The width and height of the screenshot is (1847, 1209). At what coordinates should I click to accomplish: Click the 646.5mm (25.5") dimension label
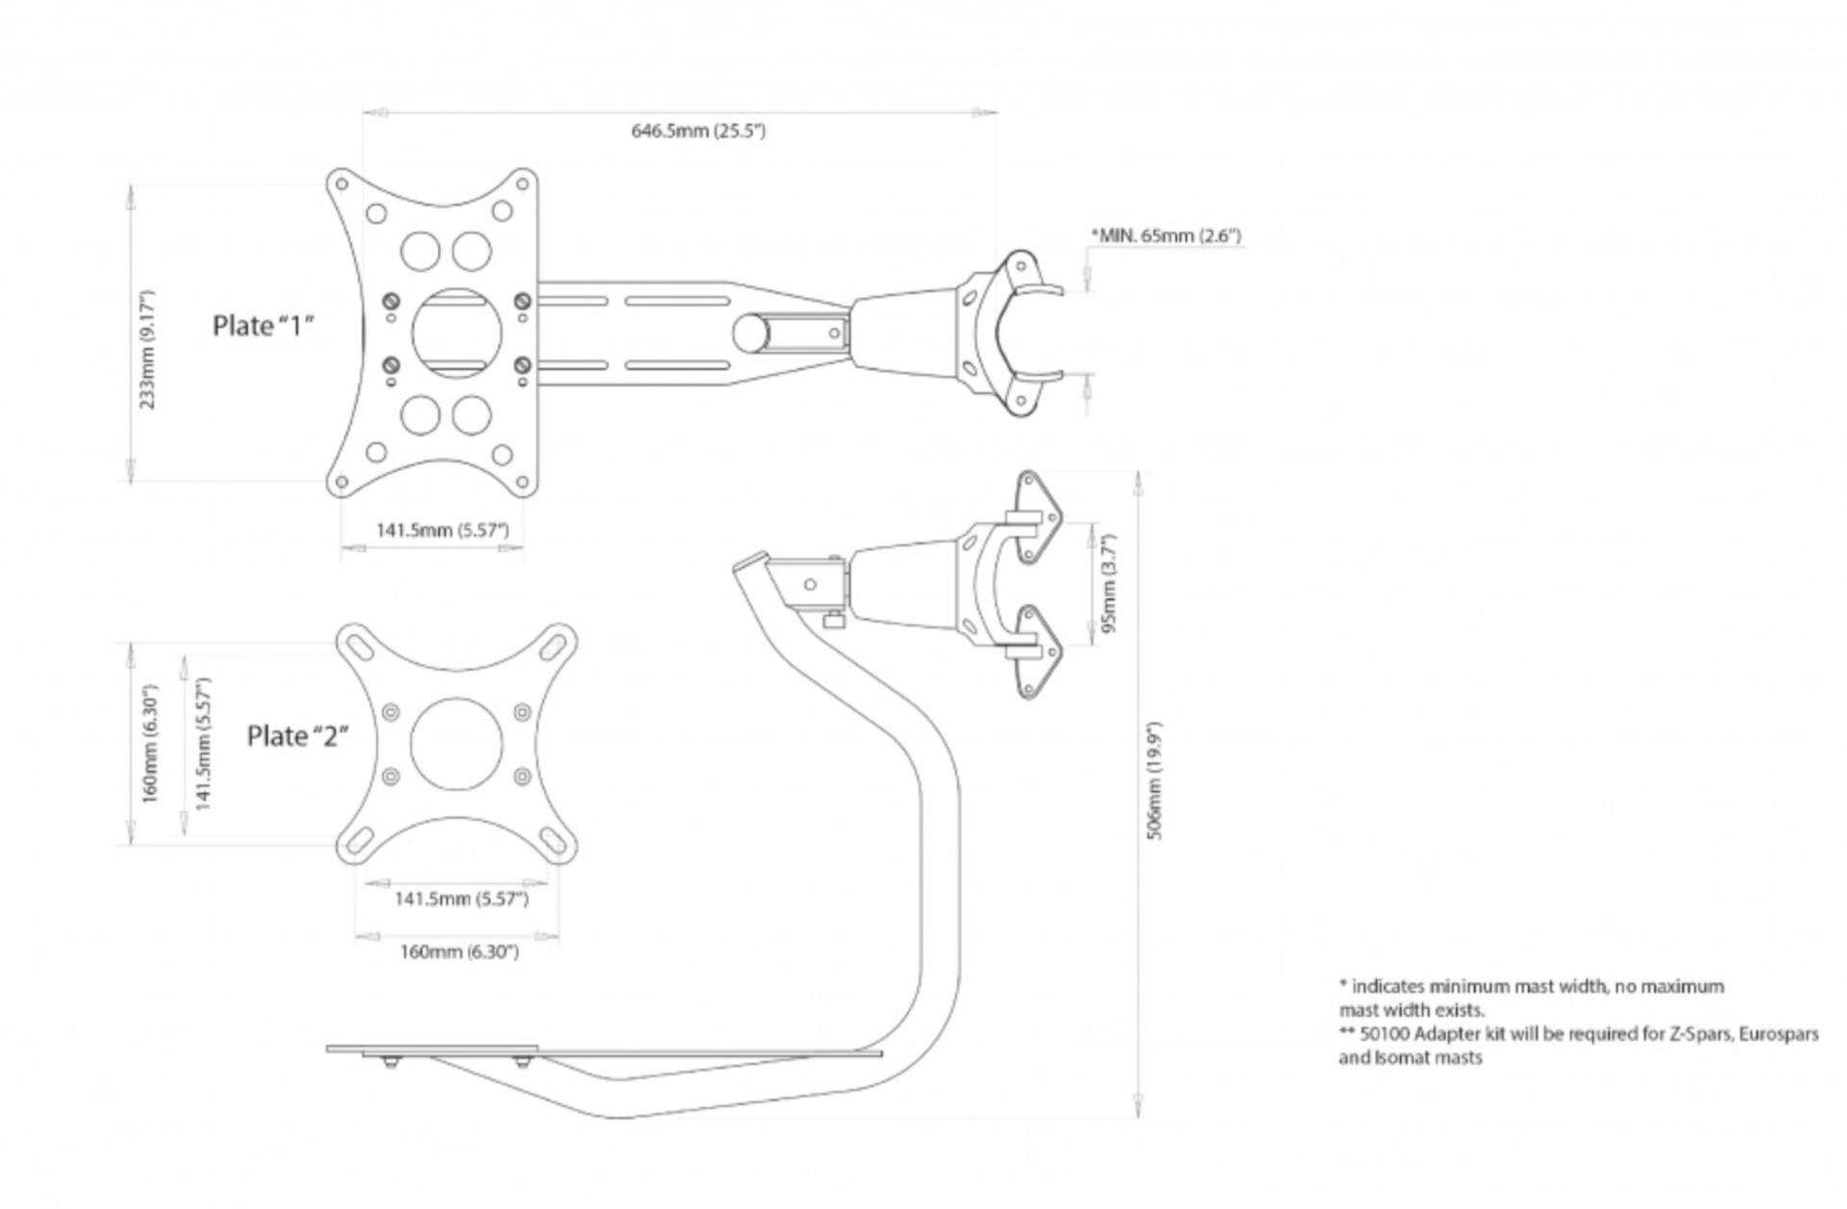tap(697, 131)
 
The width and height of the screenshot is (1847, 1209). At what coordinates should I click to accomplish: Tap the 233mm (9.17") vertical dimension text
tap(147, 348)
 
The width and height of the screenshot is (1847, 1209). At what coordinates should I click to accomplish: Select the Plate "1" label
tap(264, 326)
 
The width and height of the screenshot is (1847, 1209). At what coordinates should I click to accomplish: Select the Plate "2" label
tap(297, 736)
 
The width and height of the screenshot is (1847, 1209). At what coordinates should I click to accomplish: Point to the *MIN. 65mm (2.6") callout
tap(1165, 236)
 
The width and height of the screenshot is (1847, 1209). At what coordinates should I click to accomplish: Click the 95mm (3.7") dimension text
tap(1109, 584)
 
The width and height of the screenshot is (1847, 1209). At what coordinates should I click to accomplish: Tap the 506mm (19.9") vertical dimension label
tap(1155, 780)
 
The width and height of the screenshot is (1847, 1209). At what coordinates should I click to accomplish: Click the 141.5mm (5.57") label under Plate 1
tap(442, 530)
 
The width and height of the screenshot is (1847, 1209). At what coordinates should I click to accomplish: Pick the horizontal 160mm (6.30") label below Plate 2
tap(459, 952)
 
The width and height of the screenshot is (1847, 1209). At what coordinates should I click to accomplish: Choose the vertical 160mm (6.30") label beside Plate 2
tap(149, 743)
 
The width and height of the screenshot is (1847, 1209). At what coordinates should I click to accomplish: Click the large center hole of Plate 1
tap(457, 333)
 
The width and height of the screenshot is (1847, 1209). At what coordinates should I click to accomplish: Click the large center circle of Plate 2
tap(457, 743)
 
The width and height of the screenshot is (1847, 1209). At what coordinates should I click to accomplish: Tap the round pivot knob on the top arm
tap(750, 333)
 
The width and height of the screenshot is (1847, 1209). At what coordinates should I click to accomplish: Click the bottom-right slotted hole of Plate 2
tap(555, 842)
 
